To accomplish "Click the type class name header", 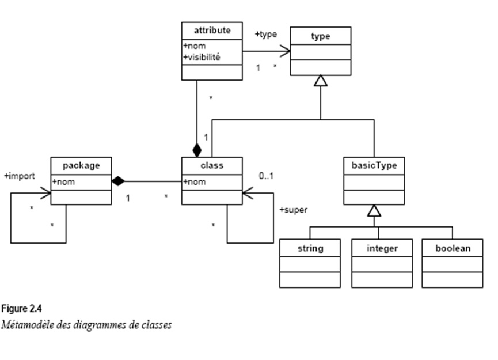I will (320, 36).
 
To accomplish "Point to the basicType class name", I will (374, 165).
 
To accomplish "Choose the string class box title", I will (310, 249).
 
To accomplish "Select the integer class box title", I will (382, 249).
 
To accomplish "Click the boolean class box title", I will (453, 249).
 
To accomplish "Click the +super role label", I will (293, 210).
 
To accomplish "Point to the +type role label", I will (265, 35).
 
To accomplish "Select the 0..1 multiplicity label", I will (266, 176).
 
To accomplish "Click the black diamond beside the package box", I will (118, 181).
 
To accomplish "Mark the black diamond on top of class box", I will (197, 150).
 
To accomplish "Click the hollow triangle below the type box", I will (320, 81).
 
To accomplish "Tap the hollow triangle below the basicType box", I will (374, 210).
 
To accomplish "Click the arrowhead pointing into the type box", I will (284, 52).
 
